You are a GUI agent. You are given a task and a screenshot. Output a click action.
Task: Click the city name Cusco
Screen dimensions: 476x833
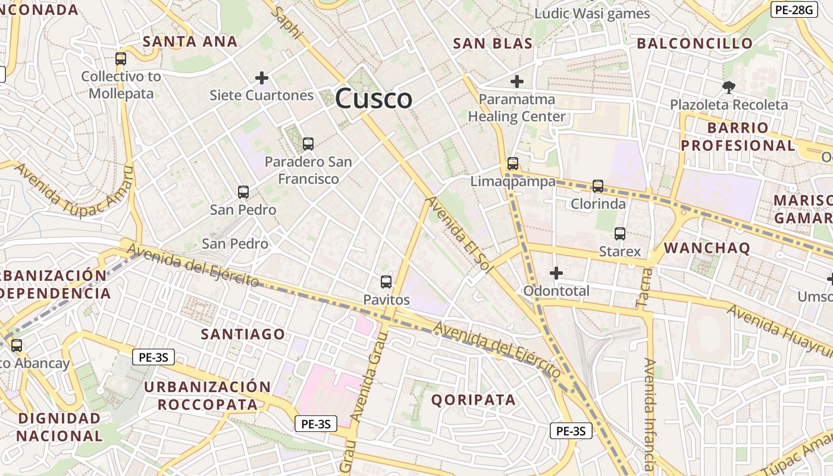(374, 99)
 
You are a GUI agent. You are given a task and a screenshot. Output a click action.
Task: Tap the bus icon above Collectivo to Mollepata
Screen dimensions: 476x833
(121, 59)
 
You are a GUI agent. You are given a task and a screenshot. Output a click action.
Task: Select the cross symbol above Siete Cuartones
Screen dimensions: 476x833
(261, 78)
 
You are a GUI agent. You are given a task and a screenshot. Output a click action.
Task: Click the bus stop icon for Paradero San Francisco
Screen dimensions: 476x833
(308, 143)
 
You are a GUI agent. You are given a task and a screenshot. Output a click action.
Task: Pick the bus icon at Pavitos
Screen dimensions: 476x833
(386, 282)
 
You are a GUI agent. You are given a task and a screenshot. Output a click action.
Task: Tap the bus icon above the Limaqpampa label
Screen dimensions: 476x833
(513, 164)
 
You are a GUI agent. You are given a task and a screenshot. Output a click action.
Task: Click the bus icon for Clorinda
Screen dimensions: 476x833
(598, 186)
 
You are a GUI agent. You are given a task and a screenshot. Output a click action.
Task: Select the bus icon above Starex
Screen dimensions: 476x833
(620, 234)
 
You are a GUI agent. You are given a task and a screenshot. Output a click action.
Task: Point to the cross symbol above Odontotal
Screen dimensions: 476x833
(556, 273)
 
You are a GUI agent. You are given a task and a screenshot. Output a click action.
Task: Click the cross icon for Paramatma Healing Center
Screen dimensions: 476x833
(517, 82)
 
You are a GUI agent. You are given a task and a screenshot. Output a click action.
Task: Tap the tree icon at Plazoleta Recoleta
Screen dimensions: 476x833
(728, 87)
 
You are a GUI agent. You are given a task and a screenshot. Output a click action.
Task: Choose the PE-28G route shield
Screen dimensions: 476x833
(794, 10)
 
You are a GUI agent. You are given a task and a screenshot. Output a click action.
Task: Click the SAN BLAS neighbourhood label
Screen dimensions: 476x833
(493, 43)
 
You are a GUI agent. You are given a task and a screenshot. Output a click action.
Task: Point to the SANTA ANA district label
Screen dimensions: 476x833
(190, 42)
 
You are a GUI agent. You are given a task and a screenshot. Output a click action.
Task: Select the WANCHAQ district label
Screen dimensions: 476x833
(707, 248)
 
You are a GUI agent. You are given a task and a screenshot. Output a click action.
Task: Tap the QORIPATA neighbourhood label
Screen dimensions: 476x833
(474, 400)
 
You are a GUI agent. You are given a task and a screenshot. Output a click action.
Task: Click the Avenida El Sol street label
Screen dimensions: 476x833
(461, 234)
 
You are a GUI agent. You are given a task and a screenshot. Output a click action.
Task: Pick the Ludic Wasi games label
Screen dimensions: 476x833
(592, 14)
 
